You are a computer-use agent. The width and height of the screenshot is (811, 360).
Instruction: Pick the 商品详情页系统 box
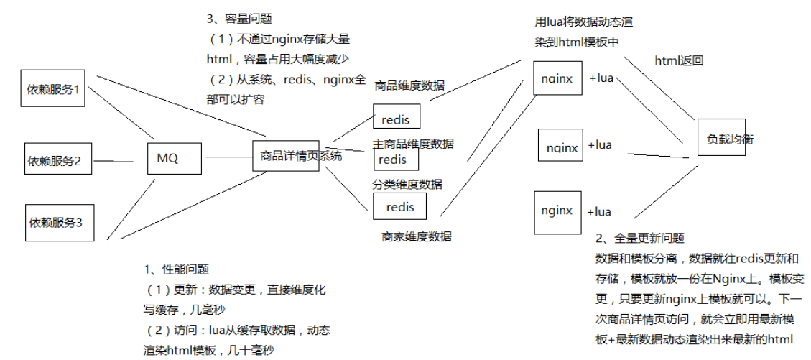[285, 156]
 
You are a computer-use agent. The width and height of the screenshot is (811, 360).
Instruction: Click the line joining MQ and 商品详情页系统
[228, 157]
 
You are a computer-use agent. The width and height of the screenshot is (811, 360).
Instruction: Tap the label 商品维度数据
[409, 86]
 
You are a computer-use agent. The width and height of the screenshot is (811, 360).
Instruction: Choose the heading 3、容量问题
[239, 19]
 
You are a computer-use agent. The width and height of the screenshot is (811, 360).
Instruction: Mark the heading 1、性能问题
[177, 269]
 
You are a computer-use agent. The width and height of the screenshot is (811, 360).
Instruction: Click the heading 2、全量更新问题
[640, 238]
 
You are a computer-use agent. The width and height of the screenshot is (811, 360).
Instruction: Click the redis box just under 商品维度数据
[396, 117]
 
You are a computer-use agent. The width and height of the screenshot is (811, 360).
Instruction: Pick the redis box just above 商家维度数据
[399, 207]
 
